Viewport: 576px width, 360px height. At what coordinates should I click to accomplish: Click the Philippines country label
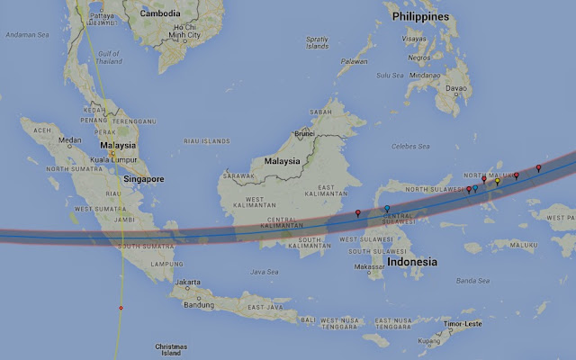pyautogui.click(x=419, y=17)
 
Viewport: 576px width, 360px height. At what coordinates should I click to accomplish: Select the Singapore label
pyautogui.click(x=144, y=179)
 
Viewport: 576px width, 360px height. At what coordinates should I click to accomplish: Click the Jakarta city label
pyautogui.click(x=188, y=282)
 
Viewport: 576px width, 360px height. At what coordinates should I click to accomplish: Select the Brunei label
pyautogui.click(x=304, y=132)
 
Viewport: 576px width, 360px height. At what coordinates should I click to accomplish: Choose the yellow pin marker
pyautogui.click(x=498, y=182)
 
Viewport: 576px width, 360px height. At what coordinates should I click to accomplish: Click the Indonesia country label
pyautogui.click(x=411, y=262)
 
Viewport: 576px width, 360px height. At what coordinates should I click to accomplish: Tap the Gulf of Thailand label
pyautogui.click(x=107, y=57)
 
